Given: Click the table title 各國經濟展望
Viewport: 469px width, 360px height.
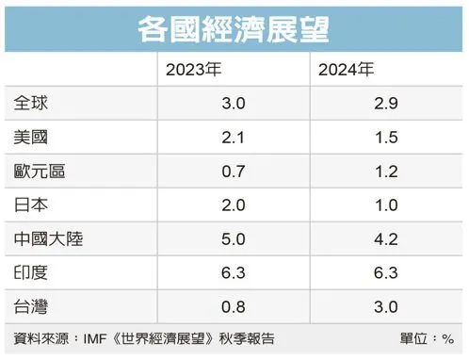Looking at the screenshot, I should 234,29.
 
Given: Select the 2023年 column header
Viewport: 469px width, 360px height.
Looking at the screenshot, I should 195,69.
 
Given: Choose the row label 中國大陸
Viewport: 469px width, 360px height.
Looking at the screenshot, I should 43,239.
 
